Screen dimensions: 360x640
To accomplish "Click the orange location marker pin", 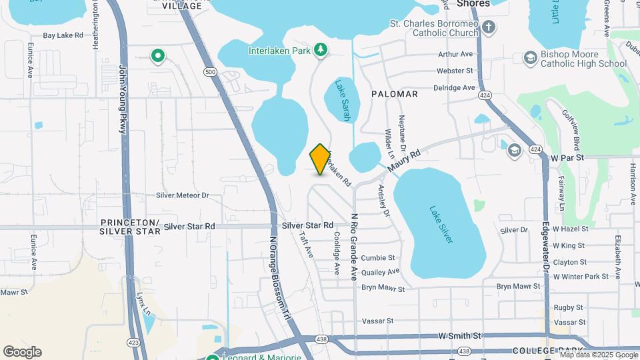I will pos(321,159).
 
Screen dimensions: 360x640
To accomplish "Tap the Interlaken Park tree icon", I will pos(321,50).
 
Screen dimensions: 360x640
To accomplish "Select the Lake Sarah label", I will pos(343,101).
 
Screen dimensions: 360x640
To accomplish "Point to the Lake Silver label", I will pos(441,224).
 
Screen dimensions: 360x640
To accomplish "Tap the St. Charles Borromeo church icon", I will pos(489,27).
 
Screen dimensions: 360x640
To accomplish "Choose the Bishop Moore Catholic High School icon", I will pos(530,58).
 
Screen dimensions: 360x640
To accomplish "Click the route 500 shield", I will pos(211,72).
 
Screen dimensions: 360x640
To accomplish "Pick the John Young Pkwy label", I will pos(122,99).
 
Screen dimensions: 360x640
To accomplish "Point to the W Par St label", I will pos(567,158).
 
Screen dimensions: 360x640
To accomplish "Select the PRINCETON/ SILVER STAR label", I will pos(130,227).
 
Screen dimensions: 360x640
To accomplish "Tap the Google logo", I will pos(22,352).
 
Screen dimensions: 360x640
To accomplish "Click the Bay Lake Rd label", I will pos(63,35).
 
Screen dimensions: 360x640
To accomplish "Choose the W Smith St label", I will pos(459,335).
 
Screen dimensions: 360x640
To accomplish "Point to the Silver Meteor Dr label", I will pos(182,195).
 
